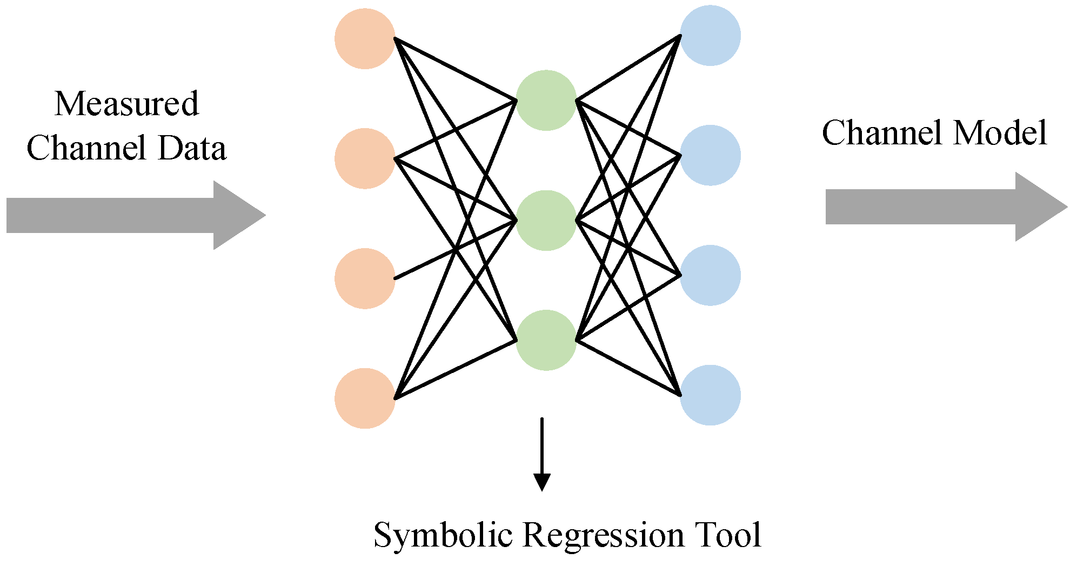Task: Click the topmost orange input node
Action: click(x=365, y=38)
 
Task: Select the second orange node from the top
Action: click(x=365, y=158)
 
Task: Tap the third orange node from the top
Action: click(x=365, y=278)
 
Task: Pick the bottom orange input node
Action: click(x=365, y=398)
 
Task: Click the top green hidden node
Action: click(x=546, y=100)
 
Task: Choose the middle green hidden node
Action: click(x=546, y=220)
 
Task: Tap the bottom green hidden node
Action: click(x=546, y=340)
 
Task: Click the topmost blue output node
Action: click(x=710, y=36)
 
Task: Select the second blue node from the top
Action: click(x=710, y=155)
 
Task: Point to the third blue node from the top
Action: click(x=710, y=275)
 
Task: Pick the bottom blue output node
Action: click(x=710, y=395)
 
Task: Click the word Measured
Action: click(x=126, y=104)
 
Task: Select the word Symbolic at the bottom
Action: click(x=443, y=535)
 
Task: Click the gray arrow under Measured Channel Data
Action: click(x=135, y=215)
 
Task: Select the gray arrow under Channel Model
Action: click(x=946, y=207)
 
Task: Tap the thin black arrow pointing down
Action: click(x=541, y=454)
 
